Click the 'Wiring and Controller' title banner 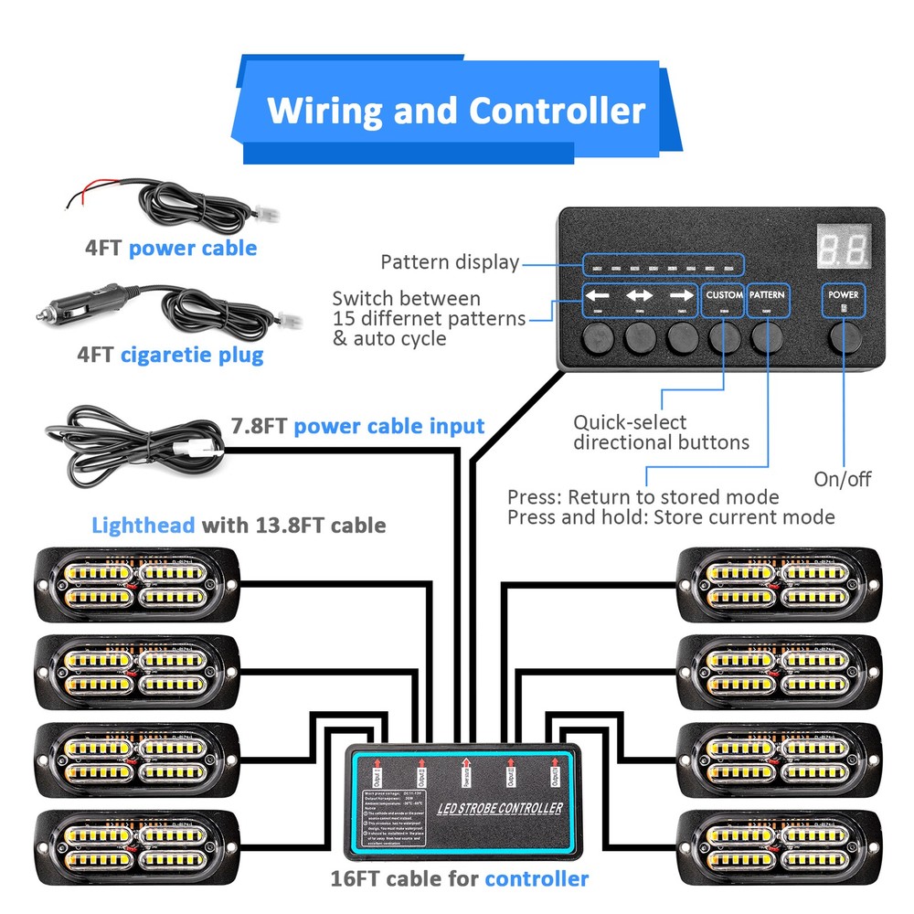click(455, 111)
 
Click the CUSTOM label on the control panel click(724, 295)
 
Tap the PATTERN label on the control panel click(766, 295)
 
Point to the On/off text click(843, 479)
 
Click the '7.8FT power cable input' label click(357, 425)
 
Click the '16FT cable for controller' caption click(460, 879)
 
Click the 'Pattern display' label click(450, 263)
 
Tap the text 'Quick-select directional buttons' click(661, 432)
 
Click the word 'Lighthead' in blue click(143, 525)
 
